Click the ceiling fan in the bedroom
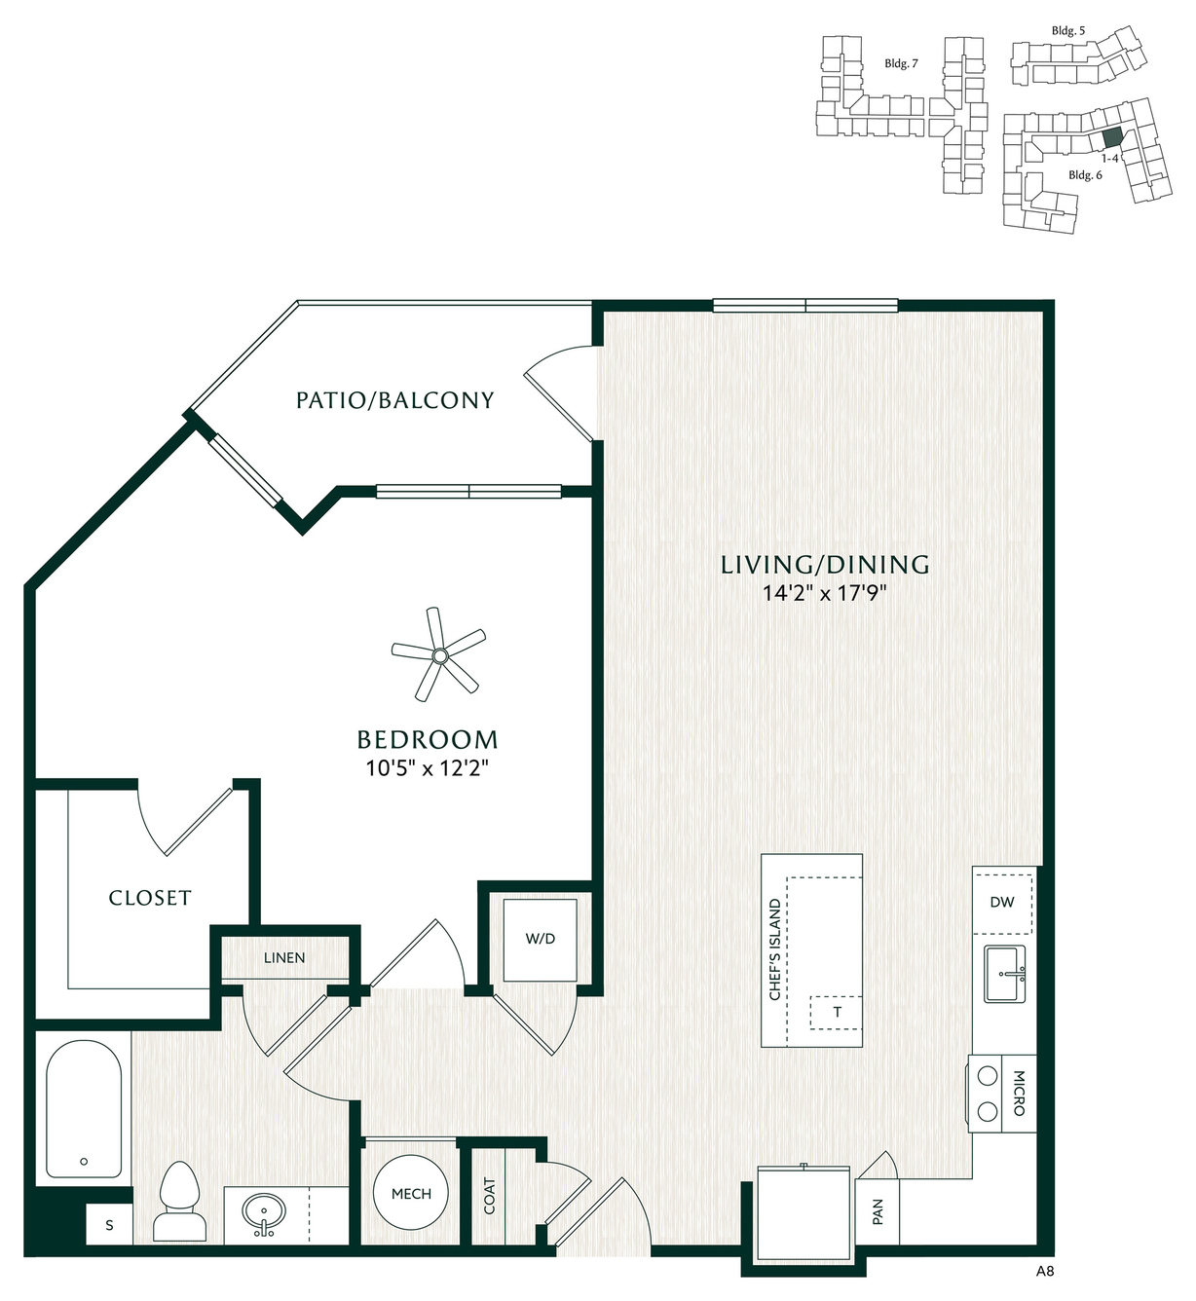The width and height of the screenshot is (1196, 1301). click(439, 655)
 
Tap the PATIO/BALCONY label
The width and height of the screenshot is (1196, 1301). click(395, 400)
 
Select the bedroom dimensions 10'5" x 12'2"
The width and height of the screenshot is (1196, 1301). click(427, 768)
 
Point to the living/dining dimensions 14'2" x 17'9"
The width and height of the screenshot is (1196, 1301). click(825, 593)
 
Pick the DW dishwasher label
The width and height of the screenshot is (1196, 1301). click(1002, 902)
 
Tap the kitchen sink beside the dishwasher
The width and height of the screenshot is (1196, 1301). click(1004, 974)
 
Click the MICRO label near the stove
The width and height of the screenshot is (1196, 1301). click(1019, 1094)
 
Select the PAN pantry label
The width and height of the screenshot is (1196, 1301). click(878, 1211)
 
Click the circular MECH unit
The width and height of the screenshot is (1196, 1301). click(411, 1193)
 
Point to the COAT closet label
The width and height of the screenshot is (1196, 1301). click(489, 1196)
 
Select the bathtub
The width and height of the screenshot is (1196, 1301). click(84, 1109)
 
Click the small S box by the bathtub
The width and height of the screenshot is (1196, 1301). click(109, 1224)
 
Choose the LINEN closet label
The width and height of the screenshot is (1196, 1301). click(284, 957)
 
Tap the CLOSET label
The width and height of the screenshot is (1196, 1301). click(150, 898)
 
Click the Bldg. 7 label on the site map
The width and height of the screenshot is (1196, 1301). click(901, 63)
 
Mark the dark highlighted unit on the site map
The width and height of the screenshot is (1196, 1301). click(1112, 136)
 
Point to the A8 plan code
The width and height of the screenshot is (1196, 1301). click(1045, 1271)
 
